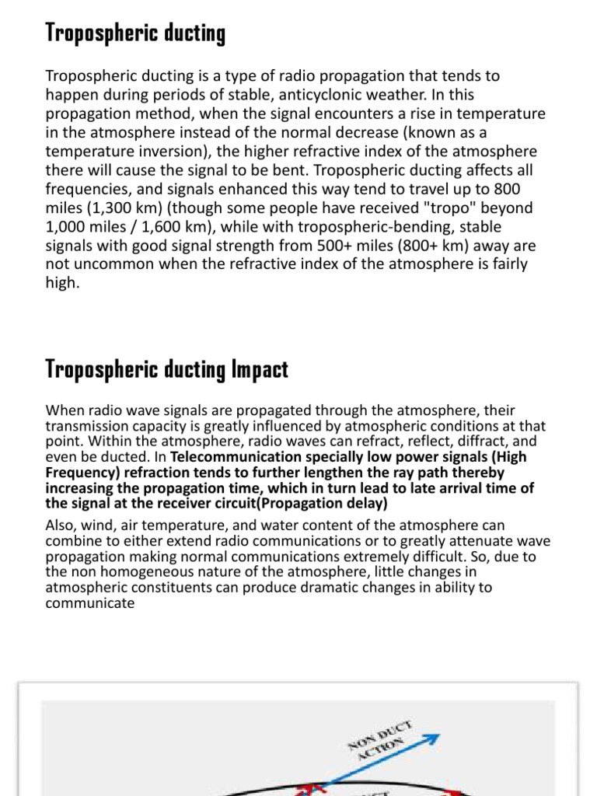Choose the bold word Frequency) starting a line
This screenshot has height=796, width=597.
(83, 473)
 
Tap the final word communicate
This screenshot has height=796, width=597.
(90, 603)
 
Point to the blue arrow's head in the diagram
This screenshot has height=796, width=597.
(435, 738)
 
